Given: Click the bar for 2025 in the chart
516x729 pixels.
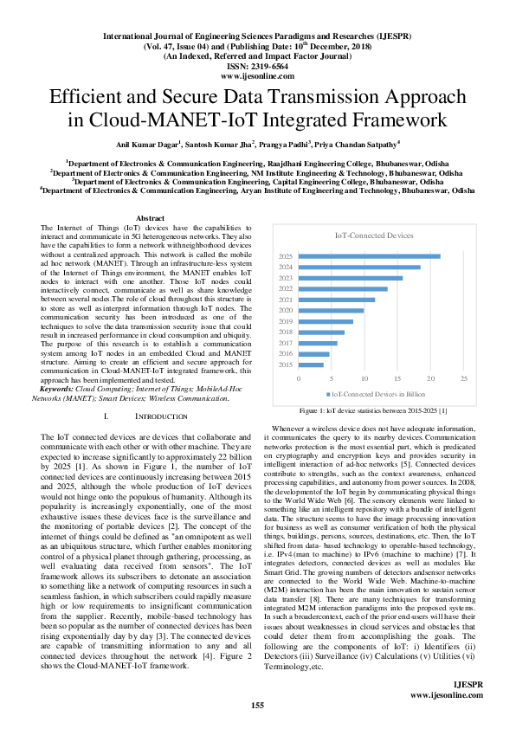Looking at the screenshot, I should pos(370,256).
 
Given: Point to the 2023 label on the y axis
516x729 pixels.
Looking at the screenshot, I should pos(286,278).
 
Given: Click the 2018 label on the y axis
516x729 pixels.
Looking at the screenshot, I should pos(286,332).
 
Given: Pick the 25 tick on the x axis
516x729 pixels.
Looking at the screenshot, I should pos(464,379).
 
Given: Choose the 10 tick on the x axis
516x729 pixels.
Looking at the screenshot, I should pos(365,379).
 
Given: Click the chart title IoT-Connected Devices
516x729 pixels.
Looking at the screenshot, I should pos(374,235).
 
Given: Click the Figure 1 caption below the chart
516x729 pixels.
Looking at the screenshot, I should pos(372,410).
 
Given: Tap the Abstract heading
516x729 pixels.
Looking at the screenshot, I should pos(151,218).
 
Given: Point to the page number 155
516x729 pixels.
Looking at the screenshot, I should pos(257,706).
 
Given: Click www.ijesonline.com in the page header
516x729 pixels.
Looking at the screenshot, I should pos(257,75).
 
